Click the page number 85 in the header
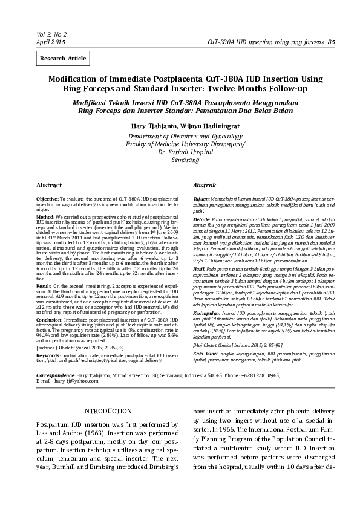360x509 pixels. pyautogui.click(x=331, y=42)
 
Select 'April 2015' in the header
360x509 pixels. pyautogui.click(x=51, y=42)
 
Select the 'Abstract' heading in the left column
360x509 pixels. pyautogui.click(x=49, y=184)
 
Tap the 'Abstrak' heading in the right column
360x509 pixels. pyautogui.click(x=205, y=184)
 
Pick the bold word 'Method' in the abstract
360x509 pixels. pyautogui.click(x=45, y=216)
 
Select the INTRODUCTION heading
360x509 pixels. pyautogui.click(x=106, y=411)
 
